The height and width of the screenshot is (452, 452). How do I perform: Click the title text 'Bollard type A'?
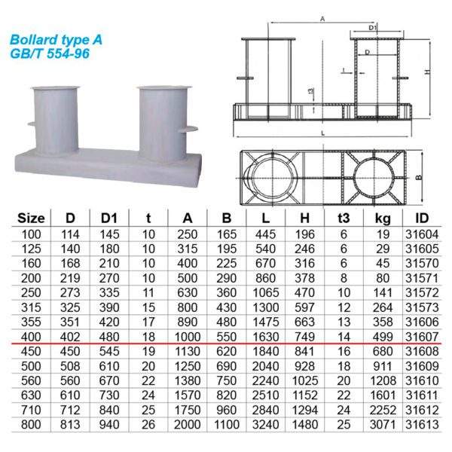click(x=56, y=40)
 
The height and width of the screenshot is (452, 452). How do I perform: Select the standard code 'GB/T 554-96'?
click(x=50, y=53)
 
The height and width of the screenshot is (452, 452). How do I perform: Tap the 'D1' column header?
click(x=109, y=218)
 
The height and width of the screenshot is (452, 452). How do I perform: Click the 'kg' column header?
click(x=383, y=218)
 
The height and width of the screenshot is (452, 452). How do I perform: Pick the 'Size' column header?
click(x=31, y=218)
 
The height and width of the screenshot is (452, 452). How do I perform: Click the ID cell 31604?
click(x=422, y=234)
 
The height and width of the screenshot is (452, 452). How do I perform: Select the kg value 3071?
click(x=383, y=425)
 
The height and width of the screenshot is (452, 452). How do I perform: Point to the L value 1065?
click(x=266, y=293)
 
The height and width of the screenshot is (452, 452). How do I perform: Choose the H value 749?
click(x=304, y=337)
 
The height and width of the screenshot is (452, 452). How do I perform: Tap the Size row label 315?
click(x=31, y=307)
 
